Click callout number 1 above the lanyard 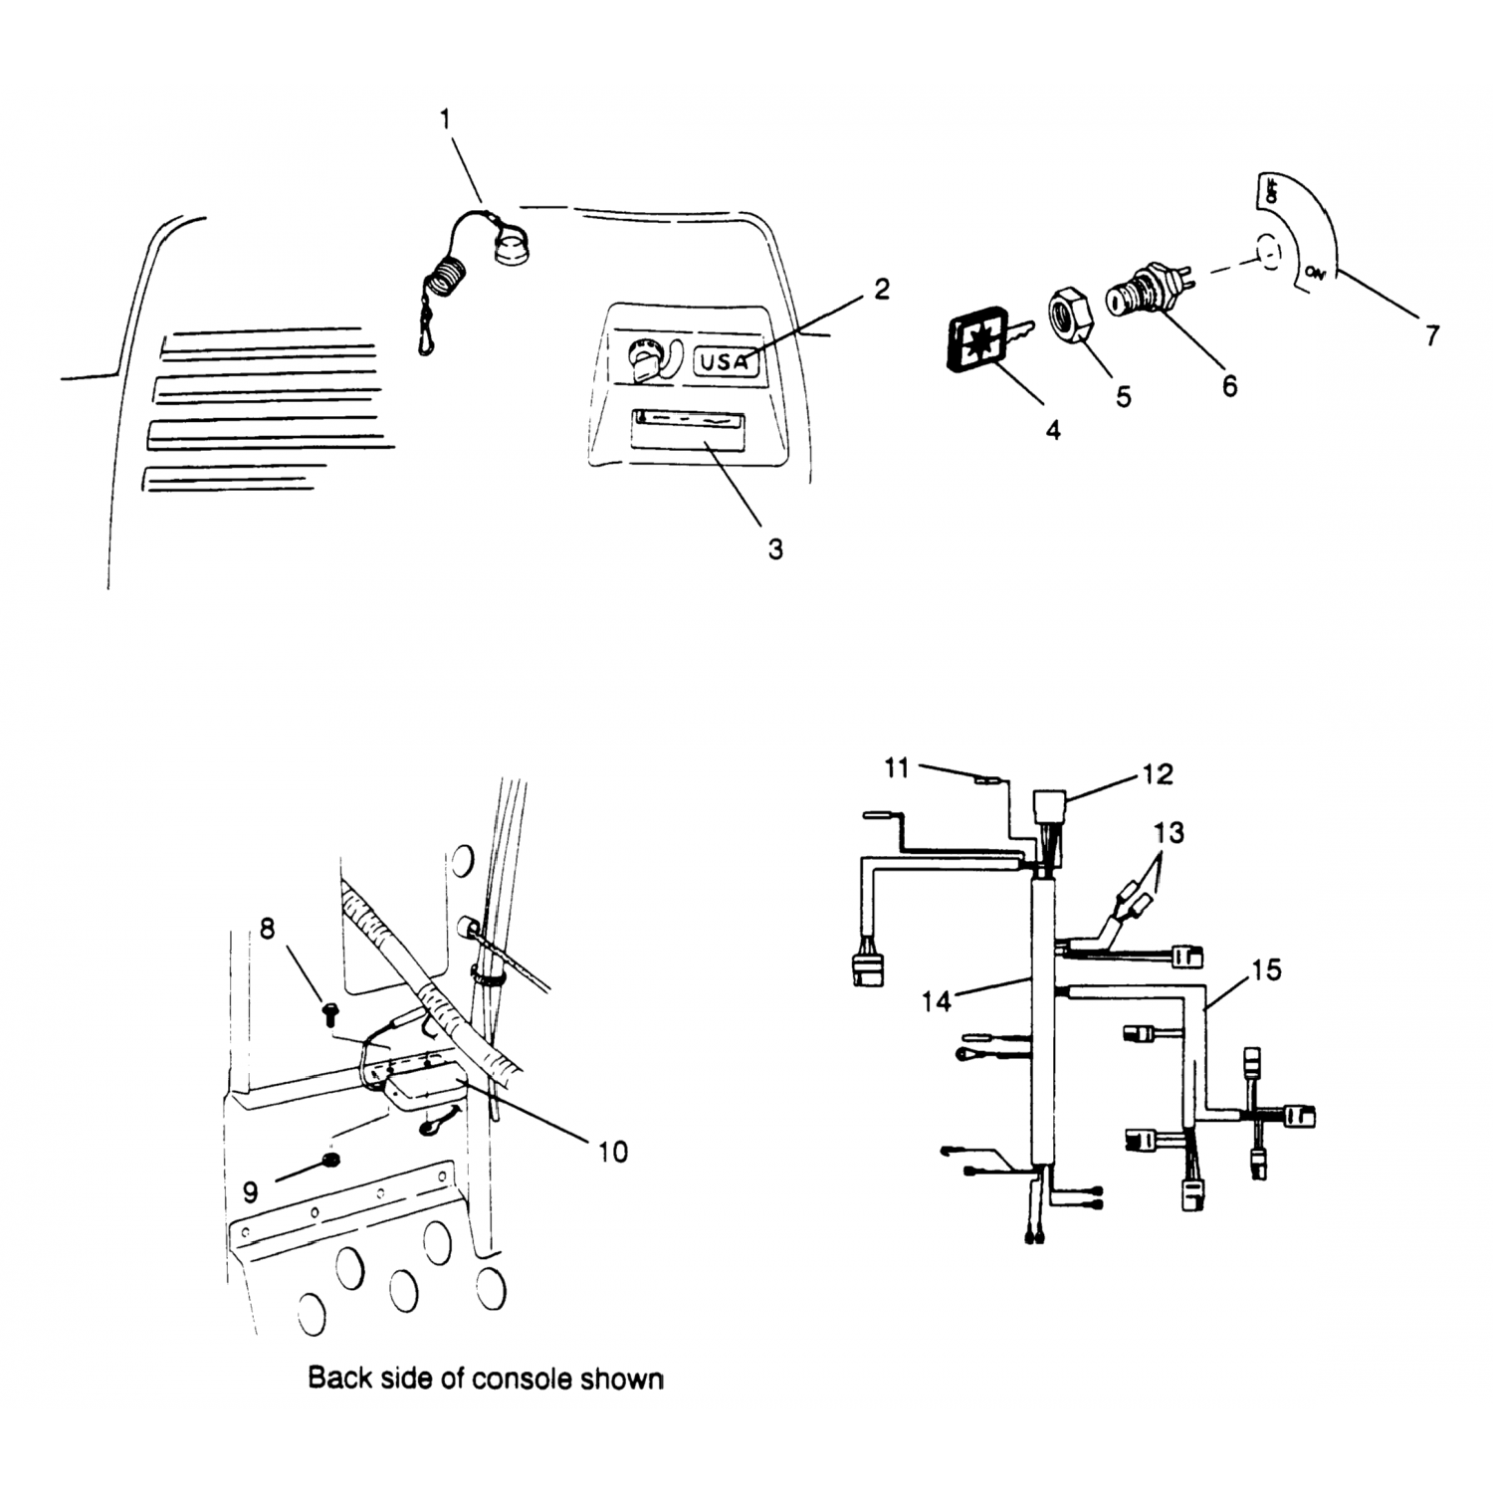pyautogui.click(x=445, y=119)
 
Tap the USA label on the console pyautogui.click(x=724, y=361)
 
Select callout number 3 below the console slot pyautogui.click(x=775, y=548)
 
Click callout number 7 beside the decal pyautogui.click(x=1431, y=335)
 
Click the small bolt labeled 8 pyautogui.click(x=329, y=1014)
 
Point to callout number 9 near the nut pyautogui.click(x=251, y=1192)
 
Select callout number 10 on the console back pyautogui.click(x=613, y=1152)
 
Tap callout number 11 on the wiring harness pyautogui.click(x=897, y=768)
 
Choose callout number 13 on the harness pyautogui.click(x=1170, y=832)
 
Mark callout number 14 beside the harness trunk pyautogui.click(x=937, y=1001)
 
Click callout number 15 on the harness pyautogui.click(x=1266, y=969)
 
